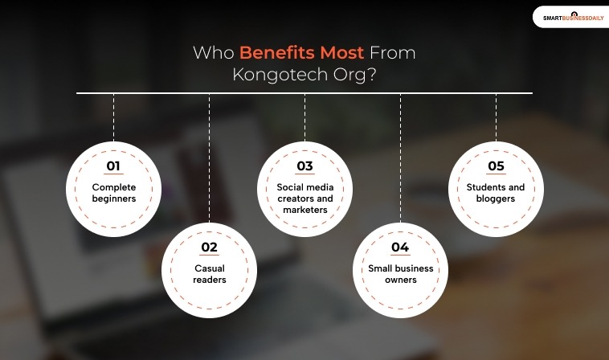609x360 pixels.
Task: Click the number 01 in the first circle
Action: tap(113, 166)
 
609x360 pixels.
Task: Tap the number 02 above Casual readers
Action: tap(209, 247)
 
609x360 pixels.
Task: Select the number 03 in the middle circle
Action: tap(304, 166)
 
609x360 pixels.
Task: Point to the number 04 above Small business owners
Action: tap(400, 247)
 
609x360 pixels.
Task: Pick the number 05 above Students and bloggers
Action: tap(496, 166)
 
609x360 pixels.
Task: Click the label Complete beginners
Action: tap(113, 193)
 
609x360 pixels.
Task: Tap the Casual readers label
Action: tap(209, 274)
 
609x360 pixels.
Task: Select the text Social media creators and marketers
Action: tap(304, 198)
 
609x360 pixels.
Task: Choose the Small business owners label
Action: tap(400, 274)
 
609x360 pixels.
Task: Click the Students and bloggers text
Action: tap(496, 193)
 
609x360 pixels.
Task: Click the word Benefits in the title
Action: tap(277, 54)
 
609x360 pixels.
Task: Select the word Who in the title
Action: tap(213, 54)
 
